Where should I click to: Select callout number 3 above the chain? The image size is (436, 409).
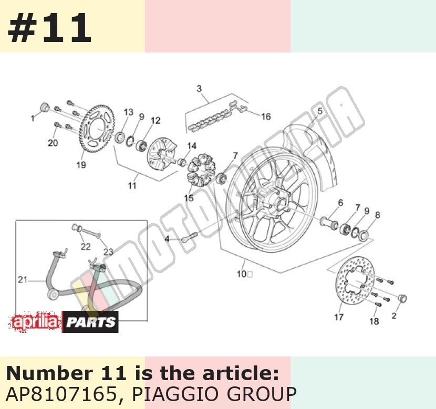[x=199, y=89]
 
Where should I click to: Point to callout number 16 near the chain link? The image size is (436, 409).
[x=266, y=117]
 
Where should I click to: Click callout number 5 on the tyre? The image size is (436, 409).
[x=320, y=111]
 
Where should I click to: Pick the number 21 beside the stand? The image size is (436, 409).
[x=23, y=279]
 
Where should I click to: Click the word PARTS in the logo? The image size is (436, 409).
[x=91, y=322]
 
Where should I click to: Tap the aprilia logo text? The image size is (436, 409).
[x=35, y=322]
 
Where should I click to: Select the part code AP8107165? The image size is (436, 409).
[x=61, y=393]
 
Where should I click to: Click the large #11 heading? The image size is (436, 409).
[x=49, y=27]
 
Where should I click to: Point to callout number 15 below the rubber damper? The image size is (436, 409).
[x=189, y=198]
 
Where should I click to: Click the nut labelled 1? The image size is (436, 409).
[x=45, y=107]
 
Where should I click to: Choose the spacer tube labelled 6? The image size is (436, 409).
[x=329, y=222]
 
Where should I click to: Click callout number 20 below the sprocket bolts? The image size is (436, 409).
[x=53, y=143]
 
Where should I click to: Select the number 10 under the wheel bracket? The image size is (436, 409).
[x=242, y=274]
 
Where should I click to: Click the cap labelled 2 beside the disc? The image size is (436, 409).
[x=402, y=298]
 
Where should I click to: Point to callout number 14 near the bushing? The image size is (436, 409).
[x=192, y=146]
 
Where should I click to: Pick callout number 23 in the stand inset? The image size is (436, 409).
[x=108, y=251]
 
